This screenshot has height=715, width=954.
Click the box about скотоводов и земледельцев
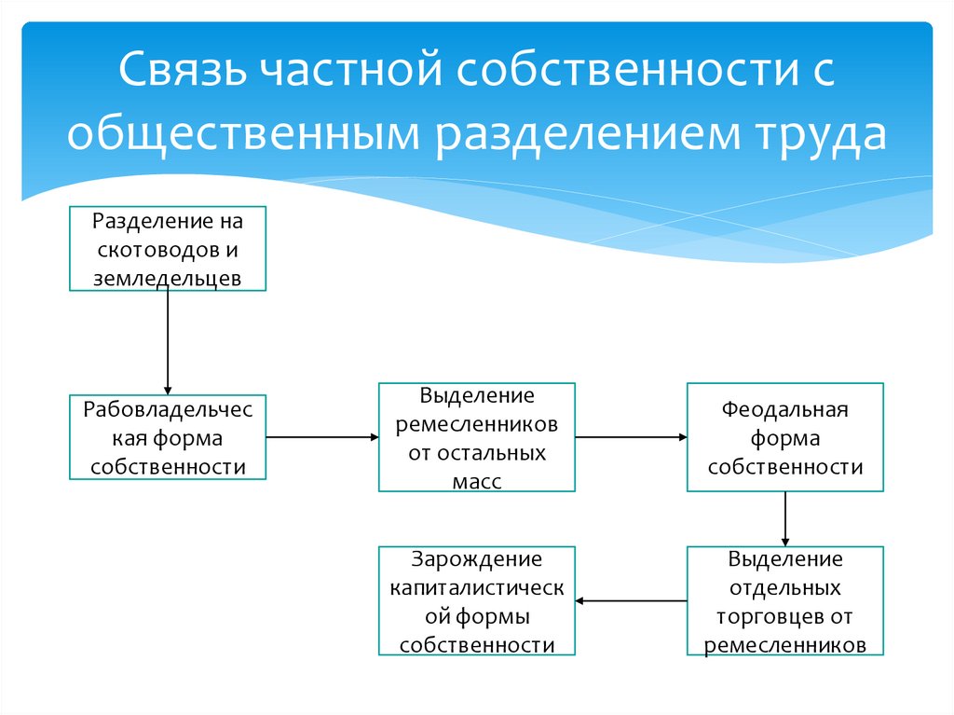pos(168,249)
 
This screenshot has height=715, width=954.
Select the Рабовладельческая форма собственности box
pos(168,437)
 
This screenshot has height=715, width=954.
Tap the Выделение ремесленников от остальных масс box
pos(476,437)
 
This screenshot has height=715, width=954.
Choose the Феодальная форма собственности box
pos(785,437)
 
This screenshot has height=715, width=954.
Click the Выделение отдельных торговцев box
pos(785,601)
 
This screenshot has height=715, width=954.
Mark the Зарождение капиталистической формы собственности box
pos(476,601)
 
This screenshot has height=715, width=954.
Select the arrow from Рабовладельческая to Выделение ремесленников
pos(321,435)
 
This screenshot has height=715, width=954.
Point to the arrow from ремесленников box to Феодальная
pos(631,435)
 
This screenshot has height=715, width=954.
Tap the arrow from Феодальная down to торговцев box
pos(785,518)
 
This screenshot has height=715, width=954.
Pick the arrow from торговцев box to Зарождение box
pos(631,601)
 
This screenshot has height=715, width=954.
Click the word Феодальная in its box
pos(785,409)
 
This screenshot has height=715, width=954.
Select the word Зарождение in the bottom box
pos(476,559)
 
